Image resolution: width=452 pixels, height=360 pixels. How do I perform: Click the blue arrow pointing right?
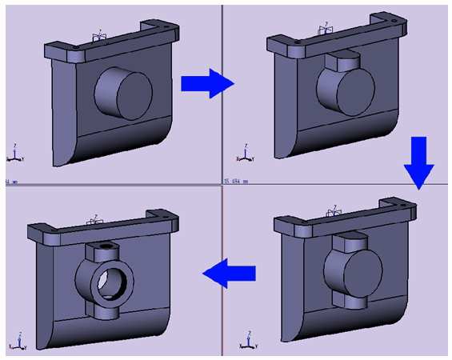click(206, 83)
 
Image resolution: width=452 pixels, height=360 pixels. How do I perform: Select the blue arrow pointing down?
click(418, 162)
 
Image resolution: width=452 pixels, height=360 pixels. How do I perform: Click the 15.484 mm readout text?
click(236, 181)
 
